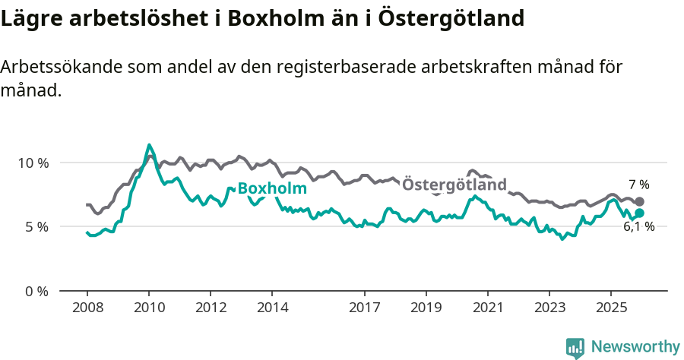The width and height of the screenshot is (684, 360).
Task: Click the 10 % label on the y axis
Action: pyautogui.click(x=33, y=163)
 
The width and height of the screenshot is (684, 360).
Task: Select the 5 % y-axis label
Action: pyautogui.click(x=36, y=226)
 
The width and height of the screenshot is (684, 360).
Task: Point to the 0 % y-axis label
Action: pyautogui.click(x=36, y=291)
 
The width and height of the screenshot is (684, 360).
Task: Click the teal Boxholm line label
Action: pyautogui.click(x=272, y=188)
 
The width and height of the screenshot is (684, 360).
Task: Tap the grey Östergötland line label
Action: pyautogui.click(x=454, y=185)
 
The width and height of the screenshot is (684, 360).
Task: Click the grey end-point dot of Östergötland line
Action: pyautogui.click(x=640, y=202)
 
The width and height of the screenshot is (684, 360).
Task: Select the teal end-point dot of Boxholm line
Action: pyautogui.click(x=640, y=213)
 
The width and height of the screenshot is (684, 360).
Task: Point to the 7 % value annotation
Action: pyautogui.click(x=638, y=185)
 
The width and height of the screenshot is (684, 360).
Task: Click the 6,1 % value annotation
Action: pyautogui.click(x=638, y=226)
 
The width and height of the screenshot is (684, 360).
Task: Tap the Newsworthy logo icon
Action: pyautogui.click(x=575, y=348)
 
